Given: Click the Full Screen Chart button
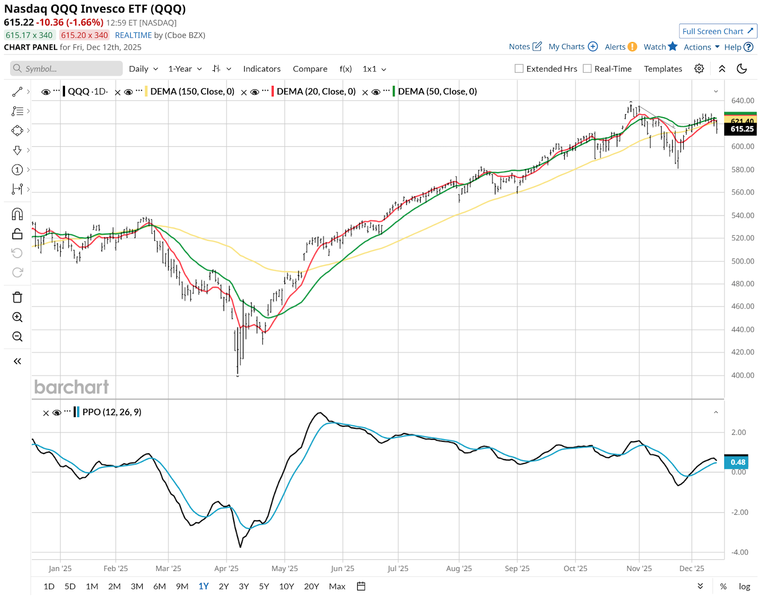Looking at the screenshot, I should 718,31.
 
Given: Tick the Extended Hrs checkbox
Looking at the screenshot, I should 519,68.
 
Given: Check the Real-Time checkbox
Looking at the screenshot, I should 587,68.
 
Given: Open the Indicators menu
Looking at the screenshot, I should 262,69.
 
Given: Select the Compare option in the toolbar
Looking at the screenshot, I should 310,69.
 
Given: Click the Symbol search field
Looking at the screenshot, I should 66,68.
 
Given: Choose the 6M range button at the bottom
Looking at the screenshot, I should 160,586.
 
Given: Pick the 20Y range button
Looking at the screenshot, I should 311,586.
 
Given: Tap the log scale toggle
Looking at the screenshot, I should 744,586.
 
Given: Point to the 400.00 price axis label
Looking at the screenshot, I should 743,375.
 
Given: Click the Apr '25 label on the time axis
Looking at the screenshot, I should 226,569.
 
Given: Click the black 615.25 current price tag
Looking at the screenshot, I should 741,129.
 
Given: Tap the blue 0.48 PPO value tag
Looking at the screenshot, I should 737,462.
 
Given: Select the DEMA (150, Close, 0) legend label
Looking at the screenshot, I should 192,92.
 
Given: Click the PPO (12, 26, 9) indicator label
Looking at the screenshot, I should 112,412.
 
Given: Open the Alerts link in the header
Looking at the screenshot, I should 620,47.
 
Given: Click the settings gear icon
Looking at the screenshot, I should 699,68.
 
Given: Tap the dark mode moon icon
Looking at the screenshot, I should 742,68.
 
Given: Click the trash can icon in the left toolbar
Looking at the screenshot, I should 17,297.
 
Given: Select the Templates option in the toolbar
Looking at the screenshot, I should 663,69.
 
